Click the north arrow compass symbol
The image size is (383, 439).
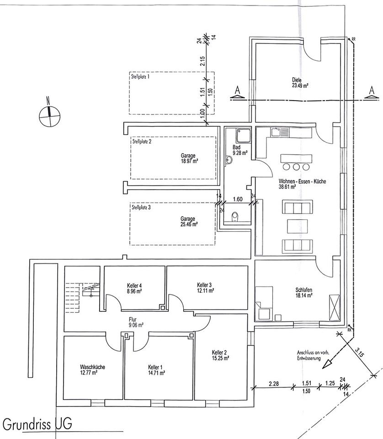49,112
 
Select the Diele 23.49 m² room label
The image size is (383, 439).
300,82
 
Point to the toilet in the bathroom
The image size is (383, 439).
235,215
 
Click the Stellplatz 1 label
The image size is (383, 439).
140,77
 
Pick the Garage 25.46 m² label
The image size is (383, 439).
189,221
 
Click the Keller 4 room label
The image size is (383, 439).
134,288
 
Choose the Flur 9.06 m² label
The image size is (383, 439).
136,322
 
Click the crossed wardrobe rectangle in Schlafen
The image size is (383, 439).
335,307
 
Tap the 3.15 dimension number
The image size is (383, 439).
360,353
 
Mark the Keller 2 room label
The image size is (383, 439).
219,355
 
